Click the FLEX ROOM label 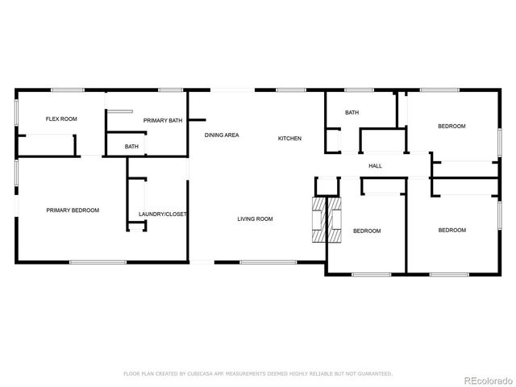61,119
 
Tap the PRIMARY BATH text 163,120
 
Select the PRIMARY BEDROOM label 73,210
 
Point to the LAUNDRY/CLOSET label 162,214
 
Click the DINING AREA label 221,135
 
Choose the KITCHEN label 289,139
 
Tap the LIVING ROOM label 255,219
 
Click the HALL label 375,166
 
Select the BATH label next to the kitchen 352,113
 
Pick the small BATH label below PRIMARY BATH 131,147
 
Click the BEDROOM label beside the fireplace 367,231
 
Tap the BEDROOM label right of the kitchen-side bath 451,127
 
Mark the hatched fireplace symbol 327,218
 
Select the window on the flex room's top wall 67,89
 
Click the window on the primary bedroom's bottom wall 97,262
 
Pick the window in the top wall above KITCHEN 289,89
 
